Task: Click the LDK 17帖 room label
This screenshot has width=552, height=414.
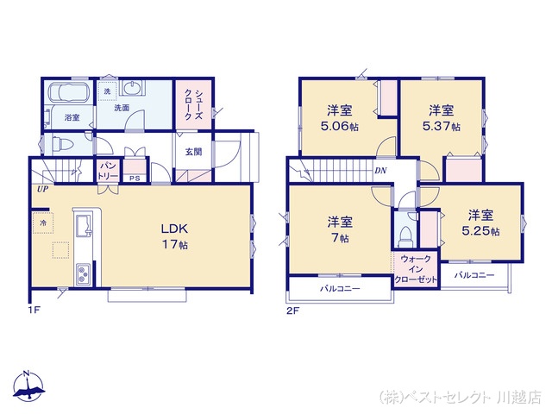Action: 175,236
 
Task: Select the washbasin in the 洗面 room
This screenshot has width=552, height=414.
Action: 132,87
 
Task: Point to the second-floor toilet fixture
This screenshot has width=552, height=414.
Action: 405,236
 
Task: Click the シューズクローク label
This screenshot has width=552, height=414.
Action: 193,104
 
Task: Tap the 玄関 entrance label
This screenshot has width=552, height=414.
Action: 193,152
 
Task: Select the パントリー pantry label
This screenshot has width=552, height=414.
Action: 108,171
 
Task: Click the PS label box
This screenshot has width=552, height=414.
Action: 135,179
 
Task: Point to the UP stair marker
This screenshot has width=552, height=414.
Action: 43,189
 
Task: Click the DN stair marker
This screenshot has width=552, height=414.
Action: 380,171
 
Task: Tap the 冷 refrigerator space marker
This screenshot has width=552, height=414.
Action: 43,223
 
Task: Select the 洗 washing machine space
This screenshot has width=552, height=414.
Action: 107,91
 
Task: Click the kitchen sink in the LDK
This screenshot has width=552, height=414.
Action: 84,226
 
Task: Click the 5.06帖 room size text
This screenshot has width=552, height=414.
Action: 340,126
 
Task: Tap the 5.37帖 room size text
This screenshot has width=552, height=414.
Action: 441,126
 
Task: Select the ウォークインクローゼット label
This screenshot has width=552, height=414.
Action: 416,269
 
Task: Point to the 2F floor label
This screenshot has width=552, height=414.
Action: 293,310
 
